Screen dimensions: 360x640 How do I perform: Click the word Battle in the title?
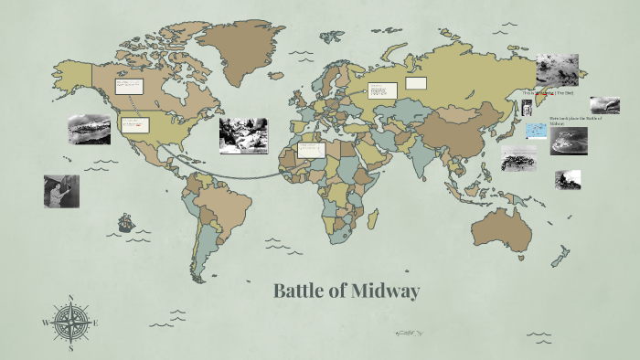pyautogui.click(x=302, y=291)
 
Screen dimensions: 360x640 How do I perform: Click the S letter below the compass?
pyautogui.click(x=70, y=348)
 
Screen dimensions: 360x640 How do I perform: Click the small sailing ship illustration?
pyautogui.click(x=125, y=222)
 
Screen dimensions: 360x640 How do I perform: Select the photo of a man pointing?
pyautogui.click(x=61, y=191)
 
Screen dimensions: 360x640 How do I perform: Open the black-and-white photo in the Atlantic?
pyautogui.click(x=243, y=135)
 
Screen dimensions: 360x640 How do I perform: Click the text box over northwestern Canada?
pyautogui.click(x=128, y=87)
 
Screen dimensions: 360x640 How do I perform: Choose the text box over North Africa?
pyautogui.click(x=311, y=149)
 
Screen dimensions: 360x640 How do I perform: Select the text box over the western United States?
pyautogui.click(x=135, y=125)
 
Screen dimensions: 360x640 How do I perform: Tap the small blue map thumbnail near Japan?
pyautogui.click(x=536, y=132)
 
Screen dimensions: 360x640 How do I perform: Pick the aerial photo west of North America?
pyautogui.click(x=89, y=129)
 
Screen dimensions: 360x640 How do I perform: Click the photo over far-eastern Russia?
pyautogui.click(x=556, y=69)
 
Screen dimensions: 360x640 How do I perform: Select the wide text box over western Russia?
pyautogui.click(x=383, y=90)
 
